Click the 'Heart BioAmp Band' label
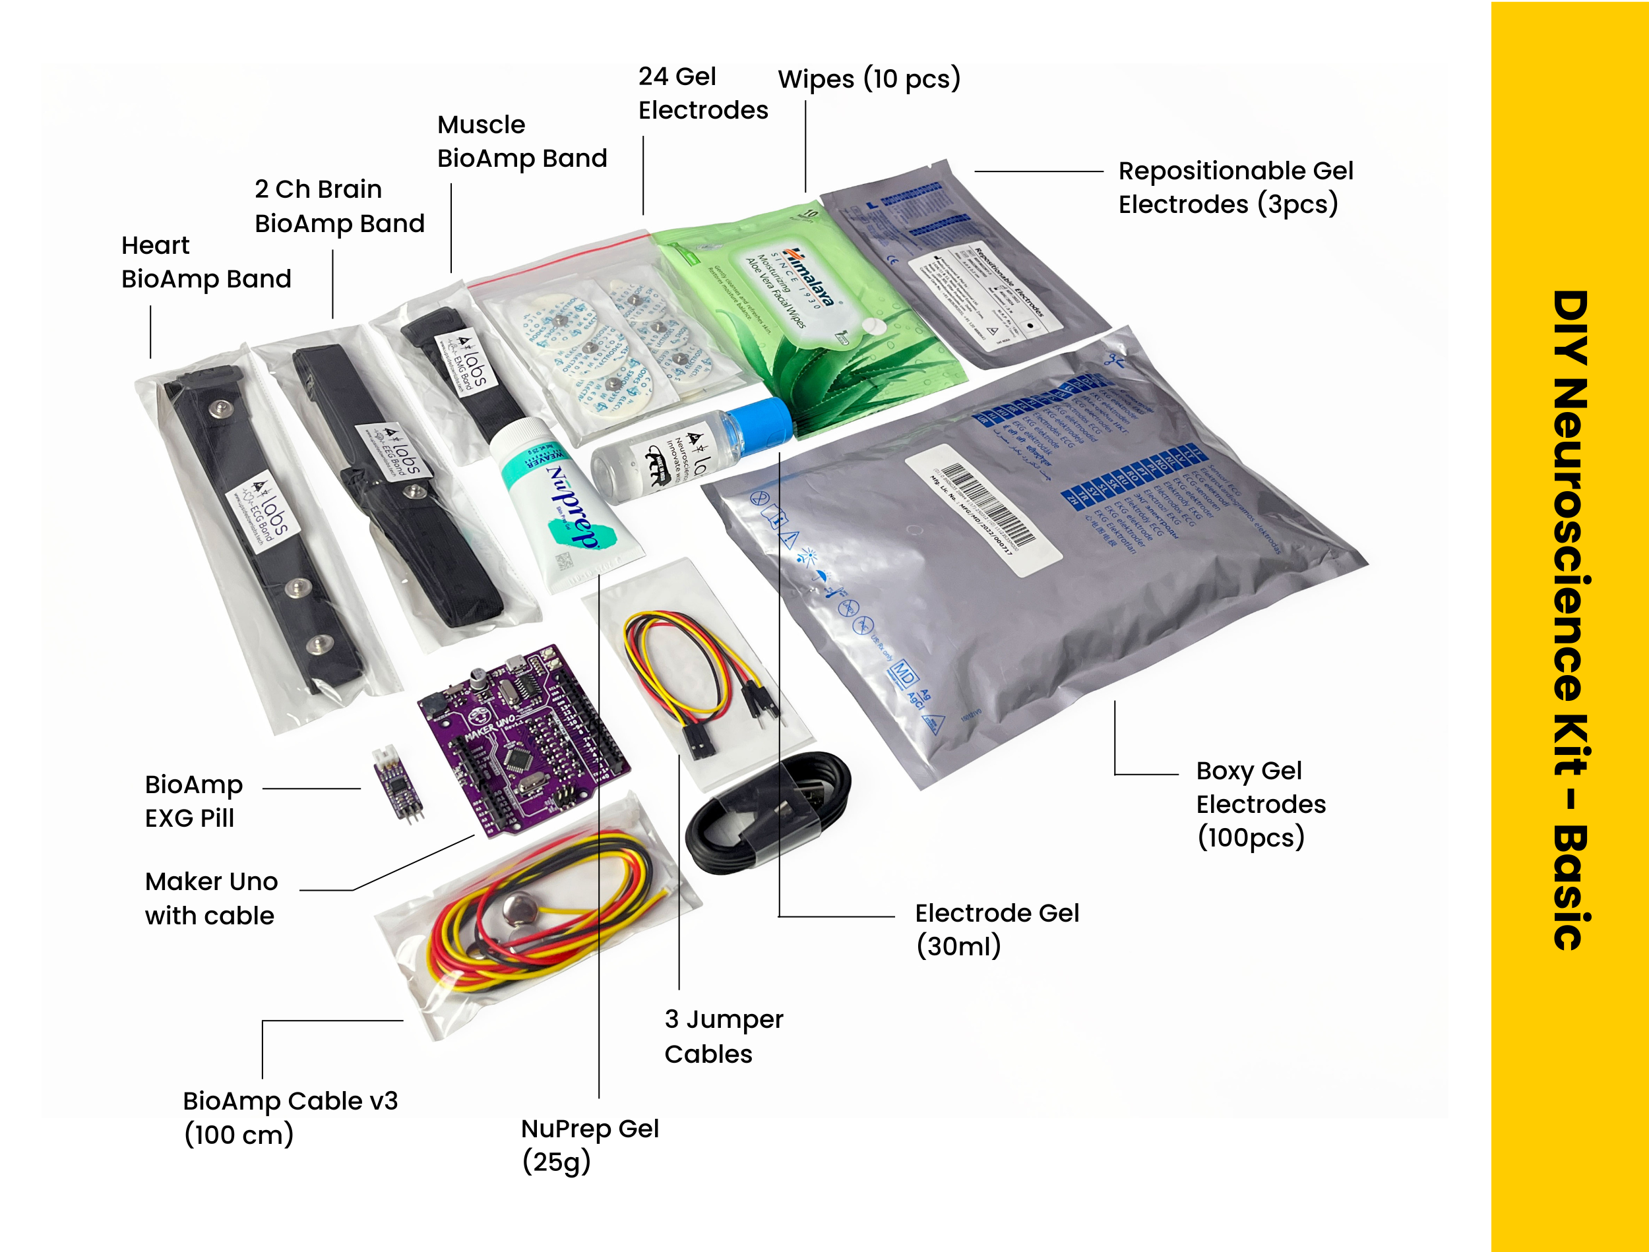[206, 262]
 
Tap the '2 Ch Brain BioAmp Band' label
[339, 206]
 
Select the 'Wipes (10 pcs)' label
[869, 79]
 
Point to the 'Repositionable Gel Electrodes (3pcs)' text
[1235, 187]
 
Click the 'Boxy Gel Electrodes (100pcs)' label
[1260, 804]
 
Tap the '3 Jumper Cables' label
[723, 1036]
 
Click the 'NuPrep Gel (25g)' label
[589, 1144]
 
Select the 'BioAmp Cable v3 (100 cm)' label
[290, 1117]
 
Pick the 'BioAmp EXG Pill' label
[194, 801]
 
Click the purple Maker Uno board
[522, 738]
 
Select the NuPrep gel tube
[567, 507]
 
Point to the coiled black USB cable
[768, 812]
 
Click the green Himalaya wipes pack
[805, 313]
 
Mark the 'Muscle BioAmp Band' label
[522, 142]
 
